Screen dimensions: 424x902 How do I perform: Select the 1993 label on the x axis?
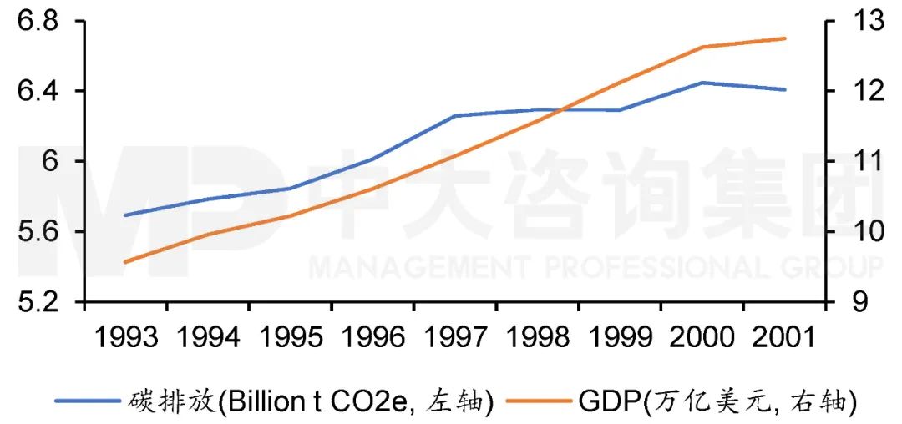pos(126,337)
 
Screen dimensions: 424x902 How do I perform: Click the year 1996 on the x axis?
pos(372,337)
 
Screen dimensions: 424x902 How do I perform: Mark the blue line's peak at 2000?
pos(702,83)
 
